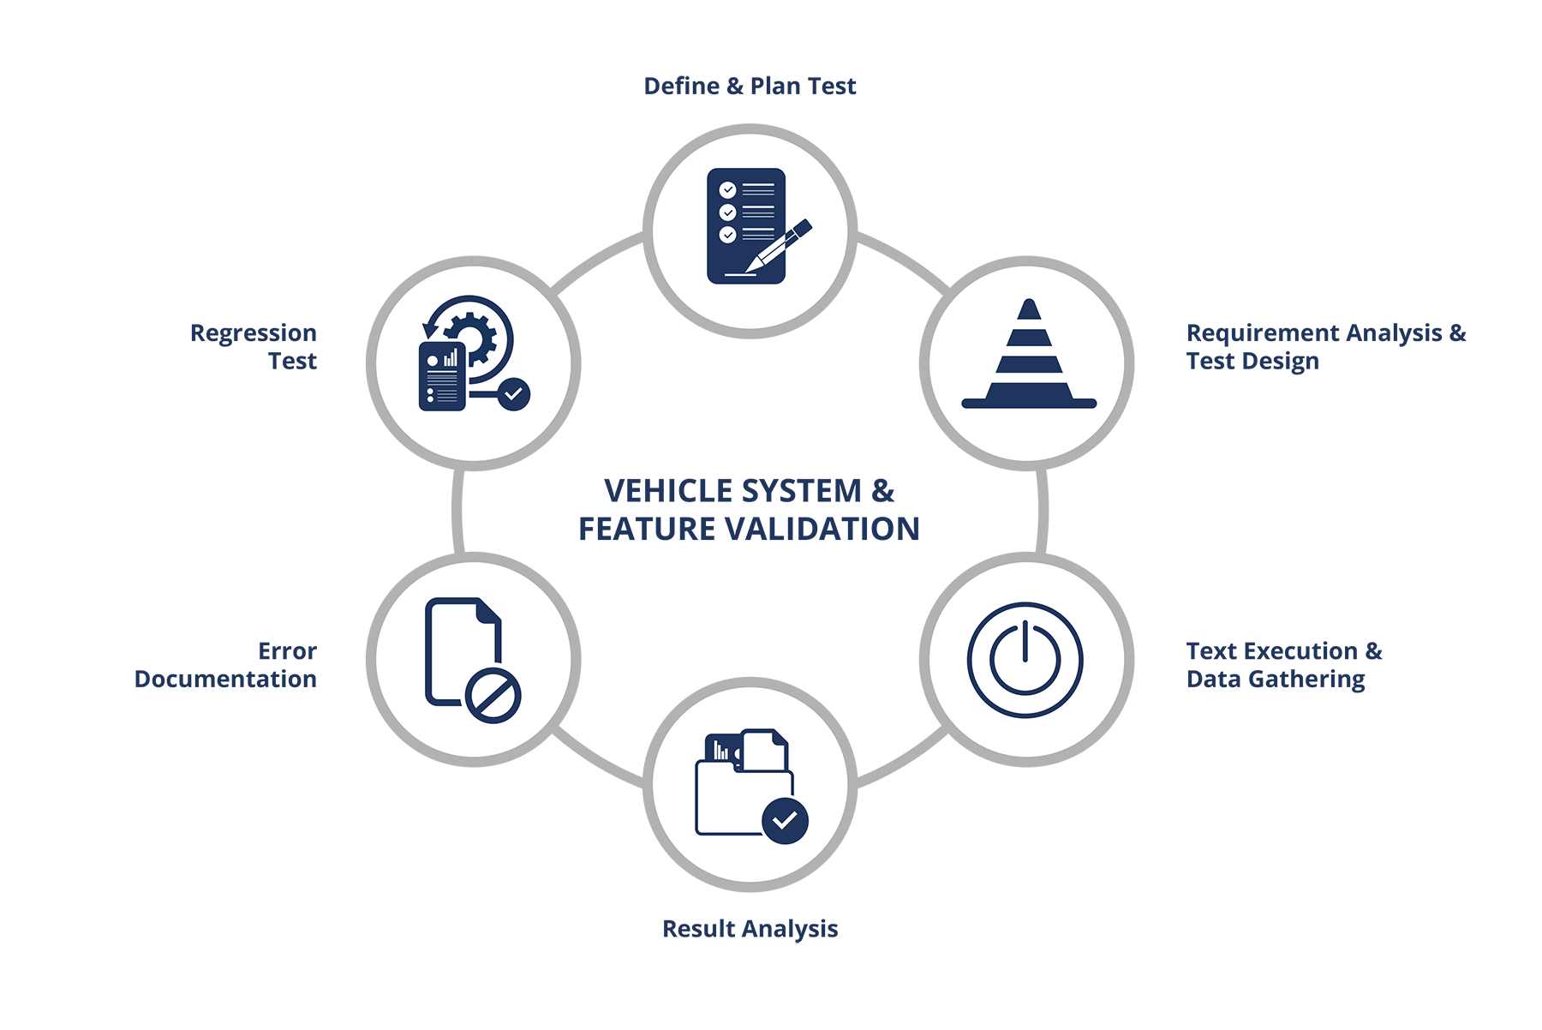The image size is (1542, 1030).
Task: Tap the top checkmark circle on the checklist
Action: click(727, 189)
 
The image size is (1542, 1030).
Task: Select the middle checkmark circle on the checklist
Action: click(727, 212)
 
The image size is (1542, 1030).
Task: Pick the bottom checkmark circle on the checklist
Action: click(727, 234)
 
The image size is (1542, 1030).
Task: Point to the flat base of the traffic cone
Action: click(1028, 403)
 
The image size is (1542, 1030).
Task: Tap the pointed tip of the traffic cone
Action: click(1029, 304)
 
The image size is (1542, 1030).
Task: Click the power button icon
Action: click(1025, 660)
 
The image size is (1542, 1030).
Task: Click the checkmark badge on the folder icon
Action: click(785, 821)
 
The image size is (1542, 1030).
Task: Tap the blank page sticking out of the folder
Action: click(764, 751)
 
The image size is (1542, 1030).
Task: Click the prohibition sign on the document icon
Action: click(493, 696)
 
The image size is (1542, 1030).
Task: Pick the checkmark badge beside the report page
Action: click(514, 394)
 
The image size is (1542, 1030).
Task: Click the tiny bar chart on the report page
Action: click(451, 358)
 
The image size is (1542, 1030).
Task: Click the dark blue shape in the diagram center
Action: click(750, 514)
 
